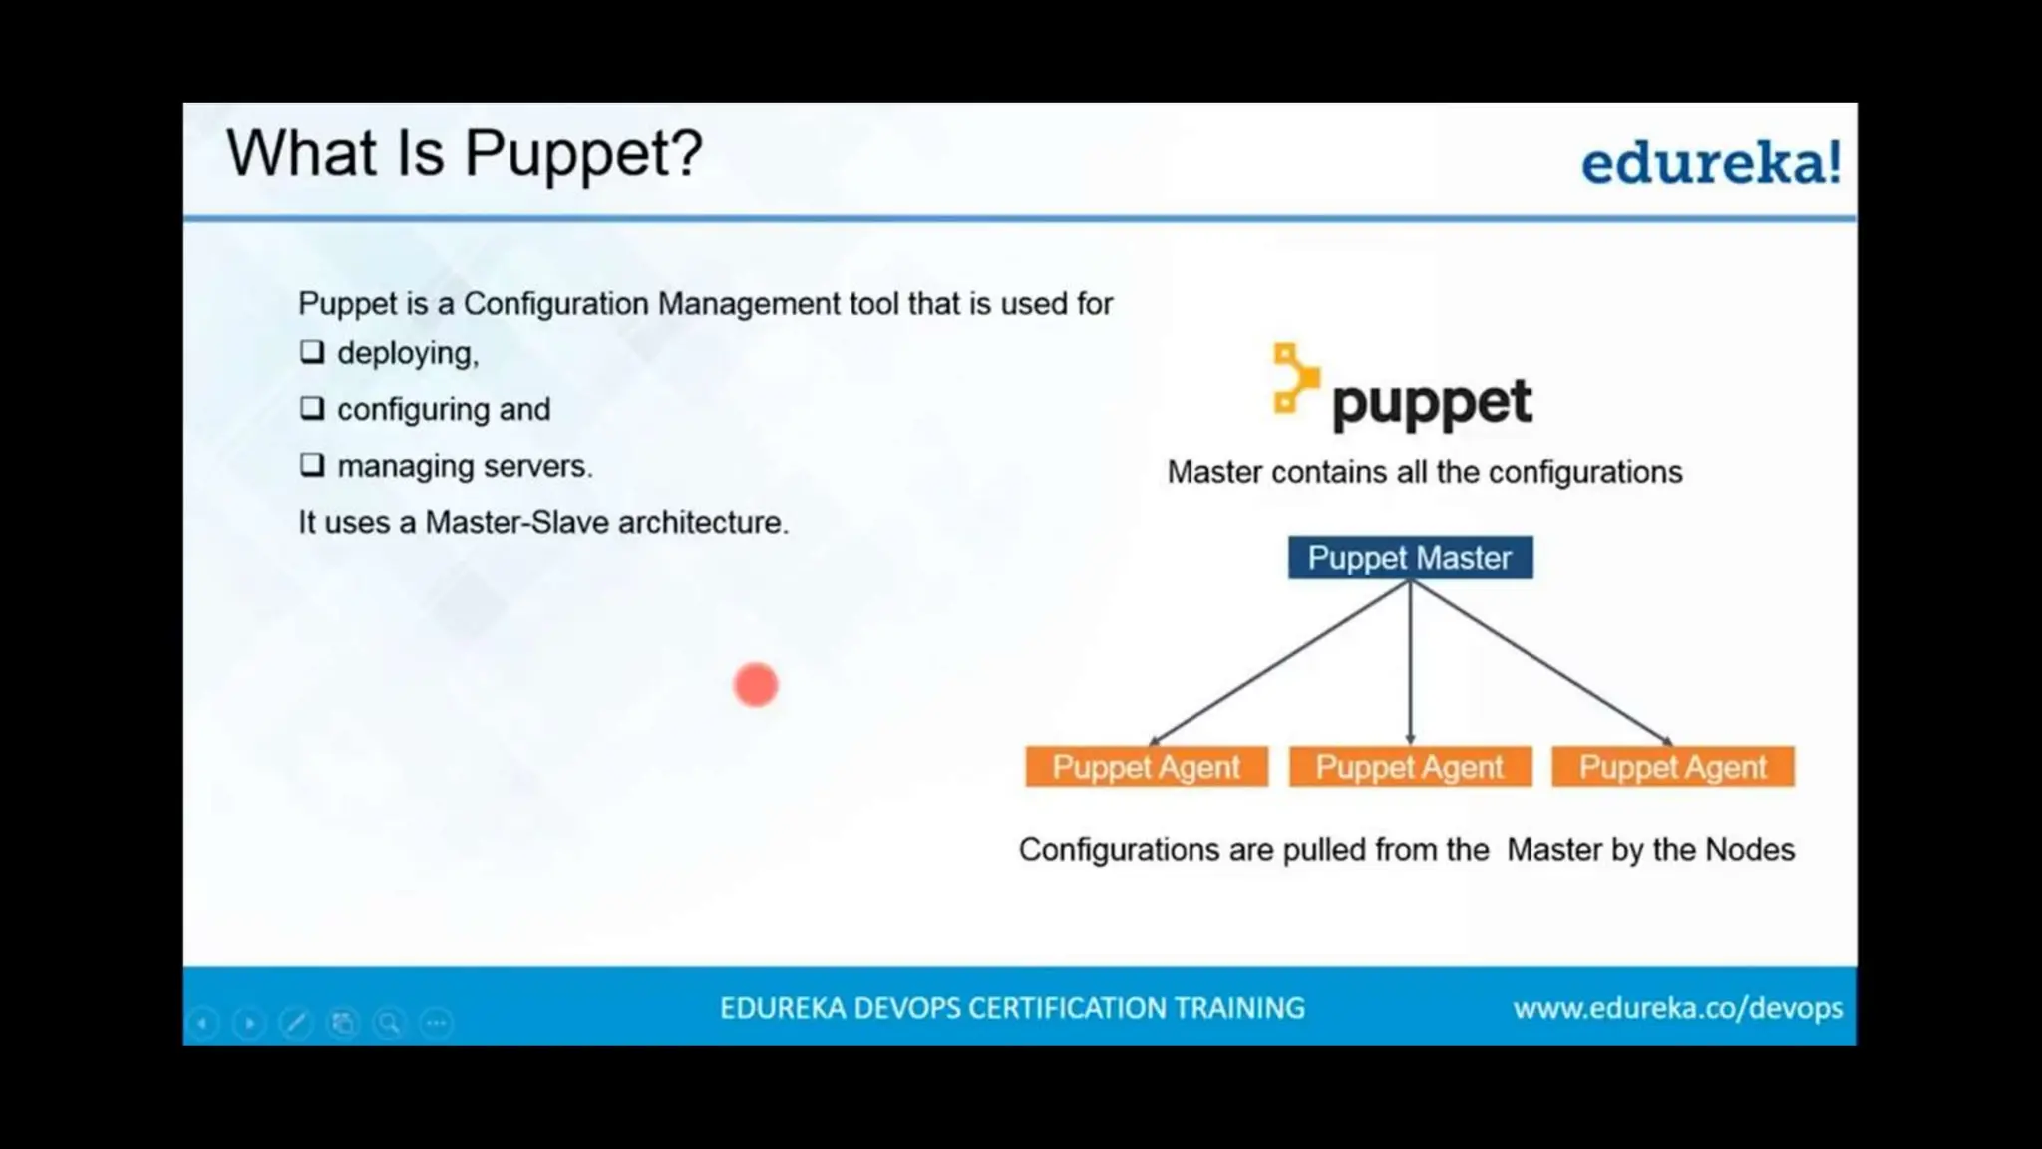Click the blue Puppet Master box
click(x=1410, y=558)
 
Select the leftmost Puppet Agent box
click(x=1147, y=767)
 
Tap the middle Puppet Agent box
click(x=1410, y=767)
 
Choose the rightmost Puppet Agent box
click(x=1673, y=767)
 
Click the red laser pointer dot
click(x=756, y=685)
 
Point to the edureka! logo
click(x=1710, y=163)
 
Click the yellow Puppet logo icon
click(x=1295, y=378)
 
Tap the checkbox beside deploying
click(x=312, y=352)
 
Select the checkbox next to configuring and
click(x=312, y=408)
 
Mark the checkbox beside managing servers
click(x=312, y=465)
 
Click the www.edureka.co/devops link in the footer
click(x=1677, y=1008)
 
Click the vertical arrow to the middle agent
click(x=1410, y=663)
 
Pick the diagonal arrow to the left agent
click(x=1279, y=663)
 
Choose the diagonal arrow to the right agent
click(x=1541, y=663)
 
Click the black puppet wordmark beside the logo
click(x=1431, y=404)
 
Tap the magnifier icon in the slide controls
click(x=389, y=1023)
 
